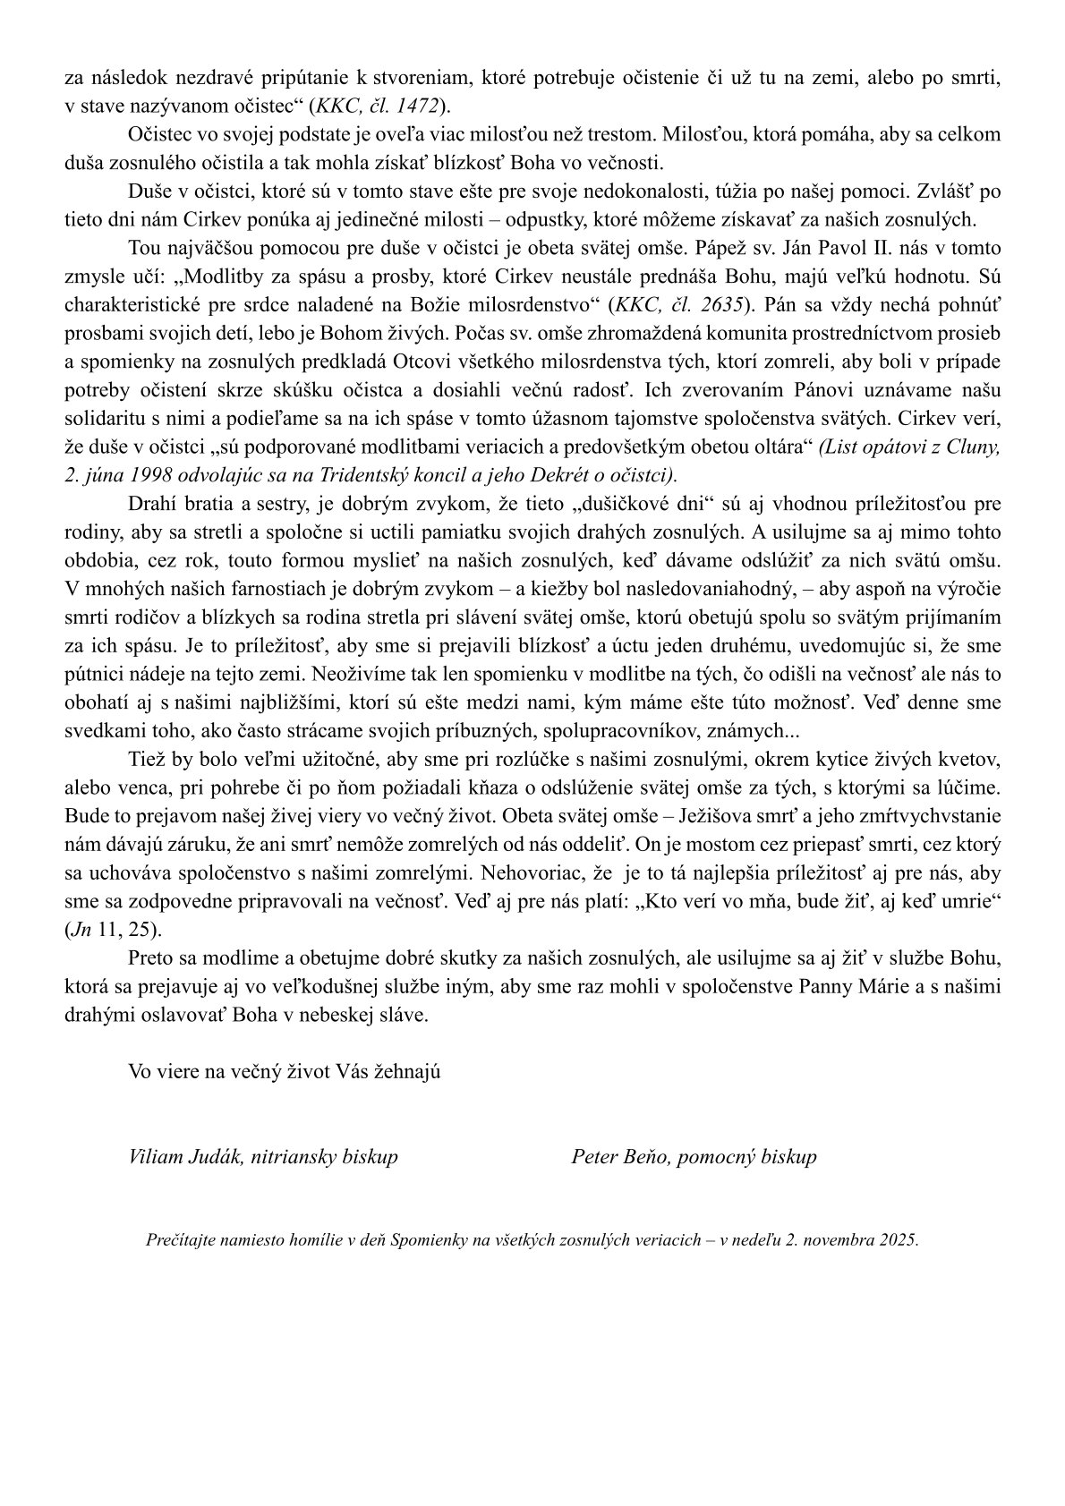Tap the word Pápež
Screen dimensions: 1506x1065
(706, 248)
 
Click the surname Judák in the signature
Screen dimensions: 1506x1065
(207, 1157)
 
